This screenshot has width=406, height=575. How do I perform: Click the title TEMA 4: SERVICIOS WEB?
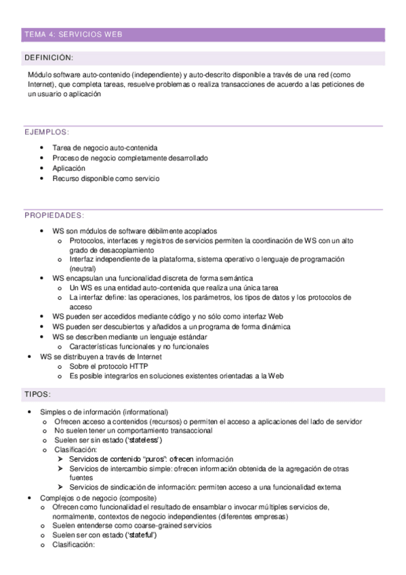click(73, 34)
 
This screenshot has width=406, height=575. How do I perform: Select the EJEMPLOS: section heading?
click(47, 132)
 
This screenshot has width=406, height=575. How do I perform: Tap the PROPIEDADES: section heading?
click(54, 216)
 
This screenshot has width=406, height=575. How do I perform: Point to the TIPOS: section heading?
click(38, 393)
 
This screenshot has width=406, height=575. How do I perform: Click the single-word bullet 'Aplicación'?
click(68, 168)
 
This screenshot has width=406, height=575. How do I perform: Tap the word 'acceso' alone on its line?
click(81, 306)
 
